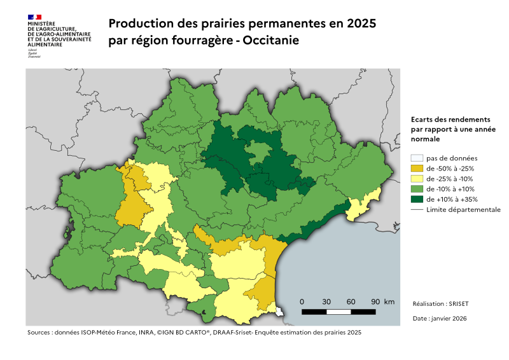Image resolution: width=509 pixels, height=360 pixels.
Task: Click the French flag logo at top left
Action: pyautogui.click(x=34, y=17)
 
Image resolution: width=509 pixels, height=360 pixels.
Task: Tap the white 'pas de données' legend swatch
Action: pyautogui.click(x=417, y=158)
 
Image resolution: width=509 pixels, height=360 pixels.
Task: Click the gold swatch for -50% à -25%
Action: pyautogui.click(x=417, y=169)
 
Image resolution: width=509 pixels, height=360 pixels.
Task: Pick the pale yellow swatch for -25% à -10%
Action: pyautogui.click(x=417, y=179)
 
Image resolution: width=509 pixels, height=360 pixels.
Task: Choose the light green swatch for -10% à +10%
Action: pyautogui.click(x=417, y=189)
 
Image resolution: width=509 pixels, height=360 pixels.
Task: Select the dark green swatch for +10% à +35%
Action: pyautogui.click(x=417, y=199)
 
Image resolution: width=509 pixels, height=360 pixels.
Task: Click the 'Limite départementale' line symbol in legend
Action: pyautogui.click(x=417, y=209)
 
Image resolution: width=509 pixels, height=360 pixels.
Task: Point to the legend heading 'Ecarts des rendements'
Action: pyautogui.click(x=450, y=120)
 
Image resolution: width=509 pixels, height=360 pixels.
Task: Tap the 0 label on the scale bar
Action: pyautogui.click(x=302, y=301)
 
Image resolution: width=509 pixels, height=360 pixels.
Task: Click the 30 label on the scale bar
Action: pyautogui.click(x=326, y=301)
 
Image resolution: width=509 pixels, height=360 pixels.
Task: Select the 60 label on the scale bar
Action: pyautogui.click(x=351, y=301)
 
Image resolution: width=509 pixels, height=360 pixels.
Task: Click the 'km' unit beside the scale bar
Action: pyautogui.click(x=389, y=301)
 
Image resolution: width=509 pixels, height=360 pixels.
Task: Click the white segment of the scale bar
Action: pyautogui.click(x=338, y=312)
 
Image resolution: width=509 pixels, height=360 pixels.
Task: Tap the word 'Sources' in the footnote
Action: pyautogui.click(x=39, y=333)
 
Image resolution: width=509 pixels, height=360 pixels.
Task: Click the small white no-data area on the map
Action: pyautogui.click(x=281, y=311)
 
